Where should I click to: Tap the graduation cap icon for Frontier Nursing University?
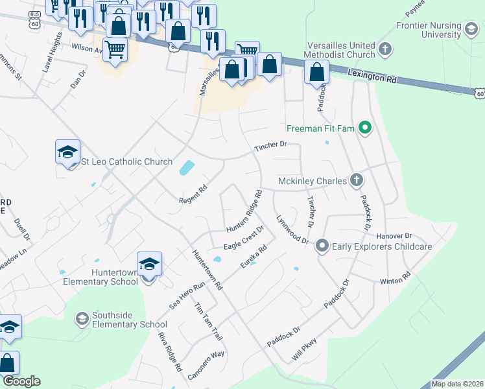click(x=471, y=28)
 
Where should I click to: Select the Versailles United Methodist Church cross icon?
click(x=385, y=49)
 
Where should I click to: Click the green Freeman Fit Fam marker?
click(x=364, y=128)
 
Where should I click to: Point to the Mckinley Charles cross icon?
click(x=356, y=180)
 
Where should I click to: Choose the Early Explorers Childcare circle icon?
click(x=322, y=246)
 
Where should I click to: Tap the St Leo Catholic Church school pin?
click(x=67, y=152)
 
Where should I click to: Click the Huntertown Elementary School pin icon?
click(x=149, y=265)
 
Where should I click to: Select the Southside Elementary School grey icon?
click(x=82, y=318)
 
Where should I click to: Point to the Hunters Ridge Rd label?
click(x=244, y=211)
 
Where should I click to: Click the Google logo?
click(x=21, y=381)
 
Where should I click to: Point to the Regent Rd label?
click(x=193, y=196)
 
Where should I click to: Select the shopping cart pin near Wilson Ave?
click(x=115, y=49)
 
